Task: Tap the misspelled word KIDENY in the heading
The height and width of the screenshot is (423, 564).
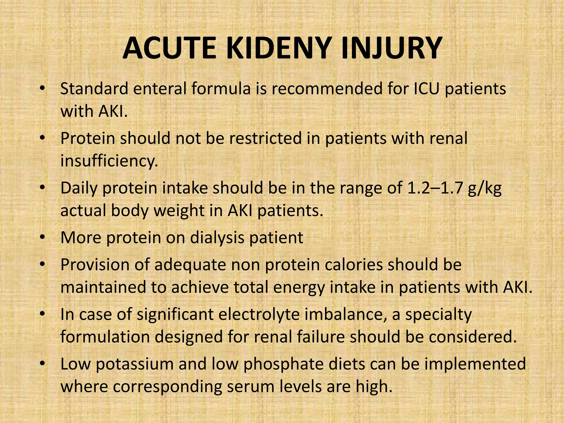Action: pyautogui.click(x=278, y=48)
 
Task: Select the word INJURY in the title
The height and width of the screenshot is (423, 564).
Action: pyautogui.click(x=391, y=48)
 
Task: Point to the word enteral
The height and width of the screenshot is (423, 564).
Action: pyautogui.click(x=160, y=89)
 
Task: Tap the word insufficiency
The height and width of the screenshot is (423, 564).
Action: pyautogui.click(x=109, y=161)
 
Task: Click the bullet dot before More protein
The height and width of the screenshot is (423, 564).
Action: pyautogui.click(x=42, y=237)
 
